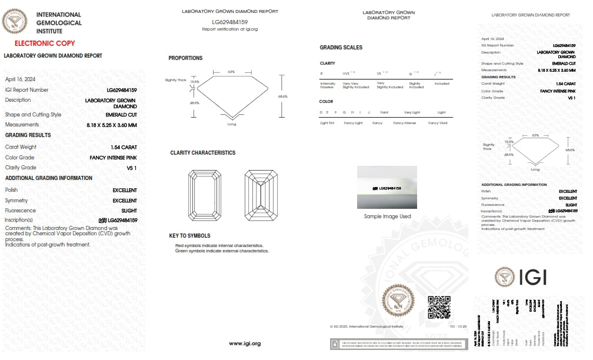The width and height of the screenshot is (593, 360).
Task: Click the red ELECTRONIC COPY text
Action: [x=44, y=44]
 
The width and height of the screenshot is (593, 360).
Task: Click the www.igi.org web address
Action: [x=244, y=343]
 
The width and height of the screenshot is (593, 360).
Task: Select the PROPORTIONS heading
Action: [x=185, y=58]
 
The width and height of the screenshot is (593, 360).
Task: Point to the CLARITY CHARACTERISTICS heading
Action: [x=202, y=153]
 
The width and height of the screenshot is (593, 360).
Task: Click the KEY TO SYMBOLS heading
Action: [x=189, y=236]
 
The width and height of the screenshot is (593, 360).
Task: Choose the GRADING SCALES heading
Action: [x=341, y=48]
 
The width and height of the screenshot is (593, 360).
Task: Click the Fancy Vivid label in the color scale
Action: [x=437, y=123]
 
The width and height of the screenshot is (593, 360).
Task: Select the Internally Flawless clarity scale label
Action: [x=328, y=85]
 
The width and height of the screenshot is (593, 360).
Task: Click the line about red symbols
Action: [x=219, y=245]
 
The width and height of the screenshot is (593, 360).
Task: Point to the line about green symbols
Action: [x=222, y=251]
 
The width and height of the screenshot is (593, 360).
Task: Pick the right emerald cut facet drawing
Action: [x=261, y=196]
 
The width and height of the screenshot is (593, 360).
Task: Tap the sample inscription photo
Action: [x=387, y=187]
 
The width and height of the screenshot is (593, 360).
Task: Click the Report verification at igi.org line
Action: [x=230, y=29]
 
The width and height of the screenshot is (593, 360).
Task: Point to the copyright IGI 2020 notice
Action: [x=367, y=325]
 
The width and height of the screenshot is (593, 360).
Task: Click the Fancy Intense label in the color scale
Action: [x=404, y=123]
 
